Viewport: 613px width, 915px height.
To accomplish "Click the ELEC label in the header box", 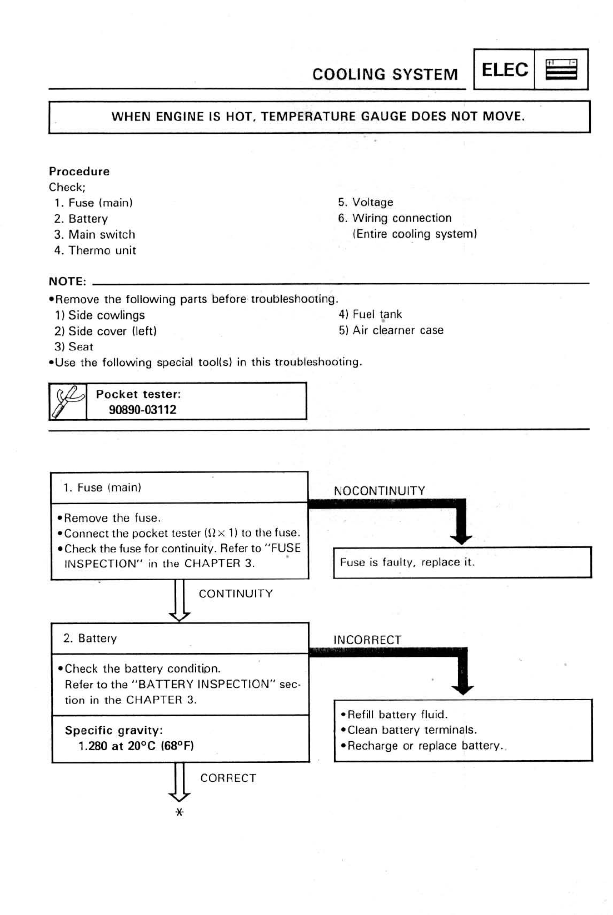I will point(504,70).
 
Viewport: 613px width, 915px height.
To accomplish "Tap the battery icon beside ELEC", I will point(561,70).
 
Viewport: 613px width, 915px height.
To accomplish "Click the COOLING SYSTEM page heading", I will point(385,74).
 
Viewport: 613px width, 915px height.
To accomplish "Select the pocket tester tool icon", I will point(68,401).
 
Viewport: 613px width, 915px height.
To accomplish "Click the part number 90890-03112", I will point(142,410).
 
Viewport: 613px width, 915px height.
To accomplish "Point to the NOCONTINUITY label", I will point(379,491).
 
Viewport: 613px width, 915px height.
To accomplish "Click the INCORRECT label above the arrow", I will point(367,640).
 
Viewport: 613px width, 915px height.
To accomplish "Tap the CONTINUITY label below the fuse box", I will point(236,594).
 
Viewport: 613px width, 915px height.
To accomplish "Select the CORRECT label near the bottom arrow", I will point(228,778).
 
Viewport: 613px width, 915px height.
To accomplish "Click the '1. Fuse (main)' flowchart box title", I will point(102,487).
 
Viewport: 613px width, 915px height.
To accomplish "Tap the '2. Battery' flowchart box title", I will point(90,639).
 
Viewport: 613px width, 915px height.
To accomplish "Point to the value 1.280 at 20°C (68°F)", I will point(136,746).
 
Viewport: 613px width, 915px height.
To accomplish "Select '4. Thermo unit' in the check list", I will point(95,250).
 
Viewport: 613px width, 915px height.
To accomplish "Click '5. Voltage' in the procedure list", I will point(366,202).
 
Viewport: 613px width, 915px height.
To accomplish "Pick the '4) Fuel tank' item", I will point(370,314).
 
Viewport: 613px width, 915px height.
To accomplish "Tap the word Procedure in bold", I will point(79,171).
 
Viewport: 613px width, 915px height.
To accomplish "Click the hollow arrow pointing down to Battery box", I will point(180,601).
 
